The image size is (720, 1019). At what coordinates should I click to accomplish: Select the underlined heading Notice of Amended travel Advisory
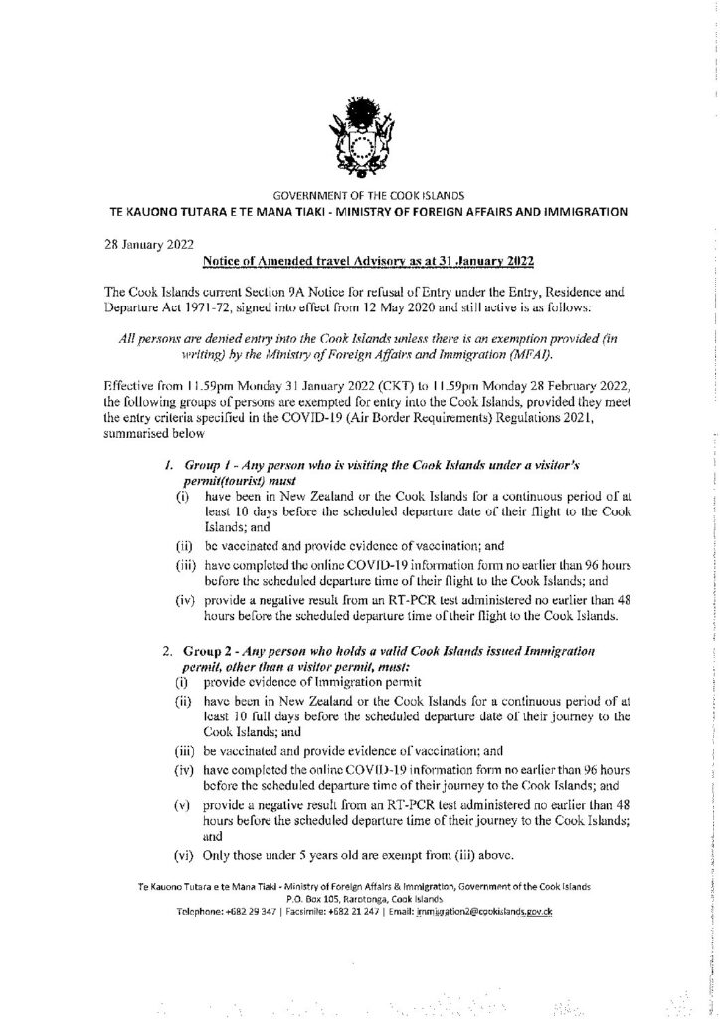coord(368,262)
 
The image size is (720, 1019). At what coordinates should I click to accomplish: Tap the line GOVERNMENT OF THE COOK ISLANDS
coord(360,195)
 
